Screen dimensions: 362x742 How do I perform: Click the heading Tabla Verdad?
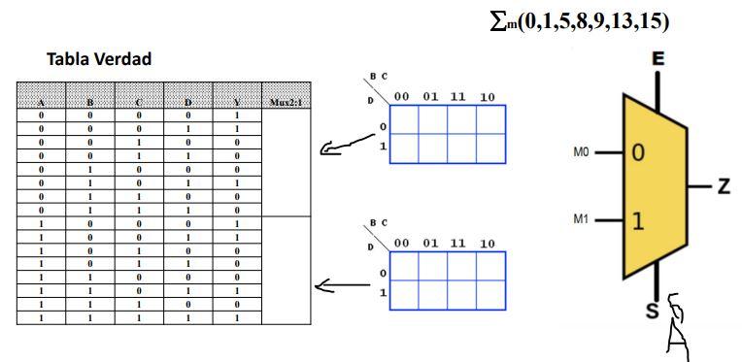pos(99,60)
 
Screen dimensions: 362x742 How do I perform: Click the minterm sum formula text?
pos(581,21)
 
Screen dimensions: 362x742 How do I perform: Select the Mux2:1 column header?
pos(285,101)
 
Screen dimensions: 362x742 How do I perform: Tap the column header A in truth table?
pos(42,101)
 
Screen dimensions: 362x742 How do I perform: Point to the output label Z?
pos(724,186)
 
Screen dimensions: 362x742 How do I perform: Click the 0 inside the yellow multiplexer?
pos(638,152)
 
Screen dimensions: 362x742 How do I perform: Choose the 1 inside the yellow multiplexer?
pos(638,220)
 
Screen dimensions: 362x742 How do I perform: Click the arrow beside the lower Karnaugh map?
pos(339,286)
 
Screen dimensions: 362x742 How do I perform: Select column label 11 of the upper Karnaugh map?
pos(458,97)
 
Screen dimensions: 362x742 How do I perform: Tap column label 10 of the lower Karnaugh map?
pos(488,244)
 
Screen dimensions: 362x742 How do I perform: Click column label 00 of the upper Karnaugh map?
pos(401,97)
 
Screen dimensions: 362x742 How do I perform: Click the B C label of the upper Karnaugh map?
pos(377,76)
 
